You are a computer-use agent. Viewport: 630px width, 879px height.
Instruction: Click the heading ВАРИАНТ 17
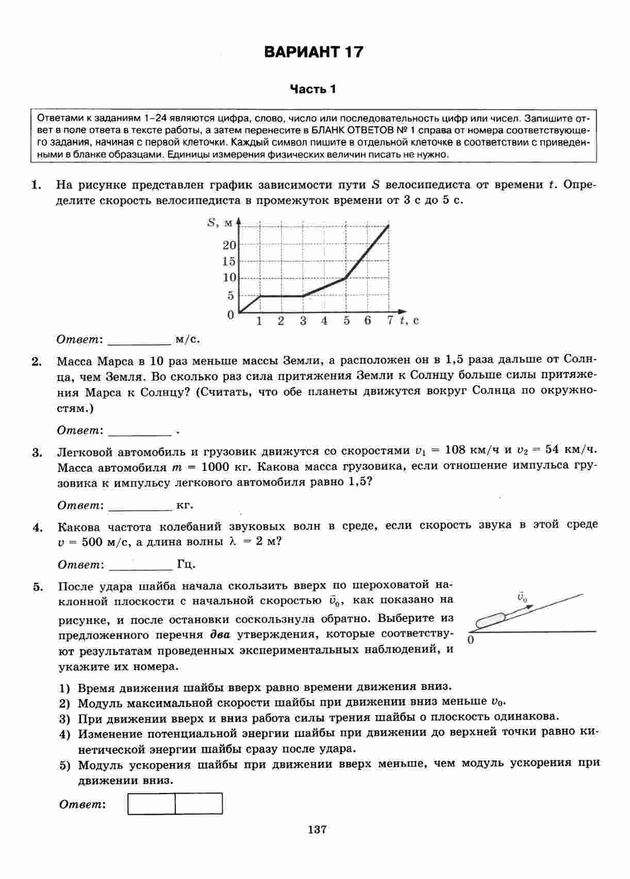click(x=313, y=52)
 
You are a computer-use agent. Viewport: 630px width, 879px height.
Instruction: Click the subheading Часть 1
click(x=312, y=89)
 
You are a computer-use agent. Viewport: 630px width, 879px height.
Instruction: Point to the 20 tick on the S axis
click(x=229, y=245)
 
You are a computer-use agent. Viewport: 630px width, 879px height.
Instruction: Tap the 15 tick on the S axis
click(x=229, y=262)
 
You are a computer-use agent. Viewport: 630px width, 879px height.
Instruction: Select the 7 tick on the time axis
click(x=390, y=321)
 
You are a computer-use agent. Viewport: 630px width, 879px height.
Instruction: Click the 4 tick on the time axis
click(x=324, y=321)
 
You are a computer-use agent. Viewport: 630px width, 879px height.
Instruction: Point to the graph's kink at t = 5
click(x=345, y=278)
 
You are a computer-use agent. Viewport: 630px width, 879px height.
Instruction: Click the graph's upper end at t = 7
click(x=388, y=226)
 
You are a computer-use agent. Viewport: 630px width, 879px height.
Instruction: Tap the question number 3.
click(x=37, y=453)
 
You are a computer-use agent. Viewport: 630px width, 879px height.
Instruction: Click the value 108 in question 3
click(x=455, y=449)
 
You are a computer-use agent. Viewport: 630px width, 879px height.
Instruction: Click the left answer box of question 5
click(x=152, y=803)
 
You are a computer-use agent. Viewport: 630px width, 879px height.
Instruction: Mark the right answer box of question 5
click(x=198, y=803)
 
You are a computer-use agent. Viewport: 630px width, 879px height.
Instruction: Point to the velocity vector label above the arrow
click(x=522, y=598)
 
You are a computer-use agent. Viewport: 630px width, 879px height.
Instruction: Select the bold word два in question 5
click(x=220, y=634)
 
